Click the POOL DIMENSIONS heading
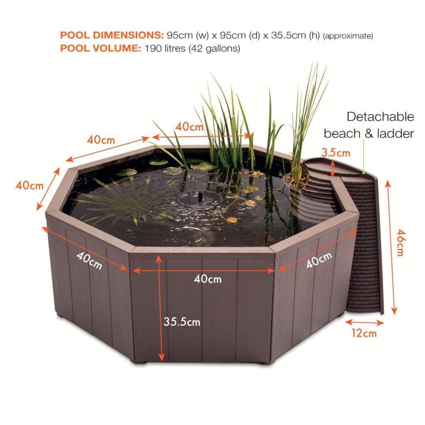pos(112,35)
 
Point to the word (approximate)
pos(348,36)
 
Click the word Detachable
pos(380,117)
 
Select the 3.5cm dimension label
pos(336,153)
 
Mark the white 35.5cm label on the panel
pos(182,322)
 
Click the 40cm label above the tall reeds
pos(189,127)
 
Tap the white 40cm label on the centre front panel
pos(208,279)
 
